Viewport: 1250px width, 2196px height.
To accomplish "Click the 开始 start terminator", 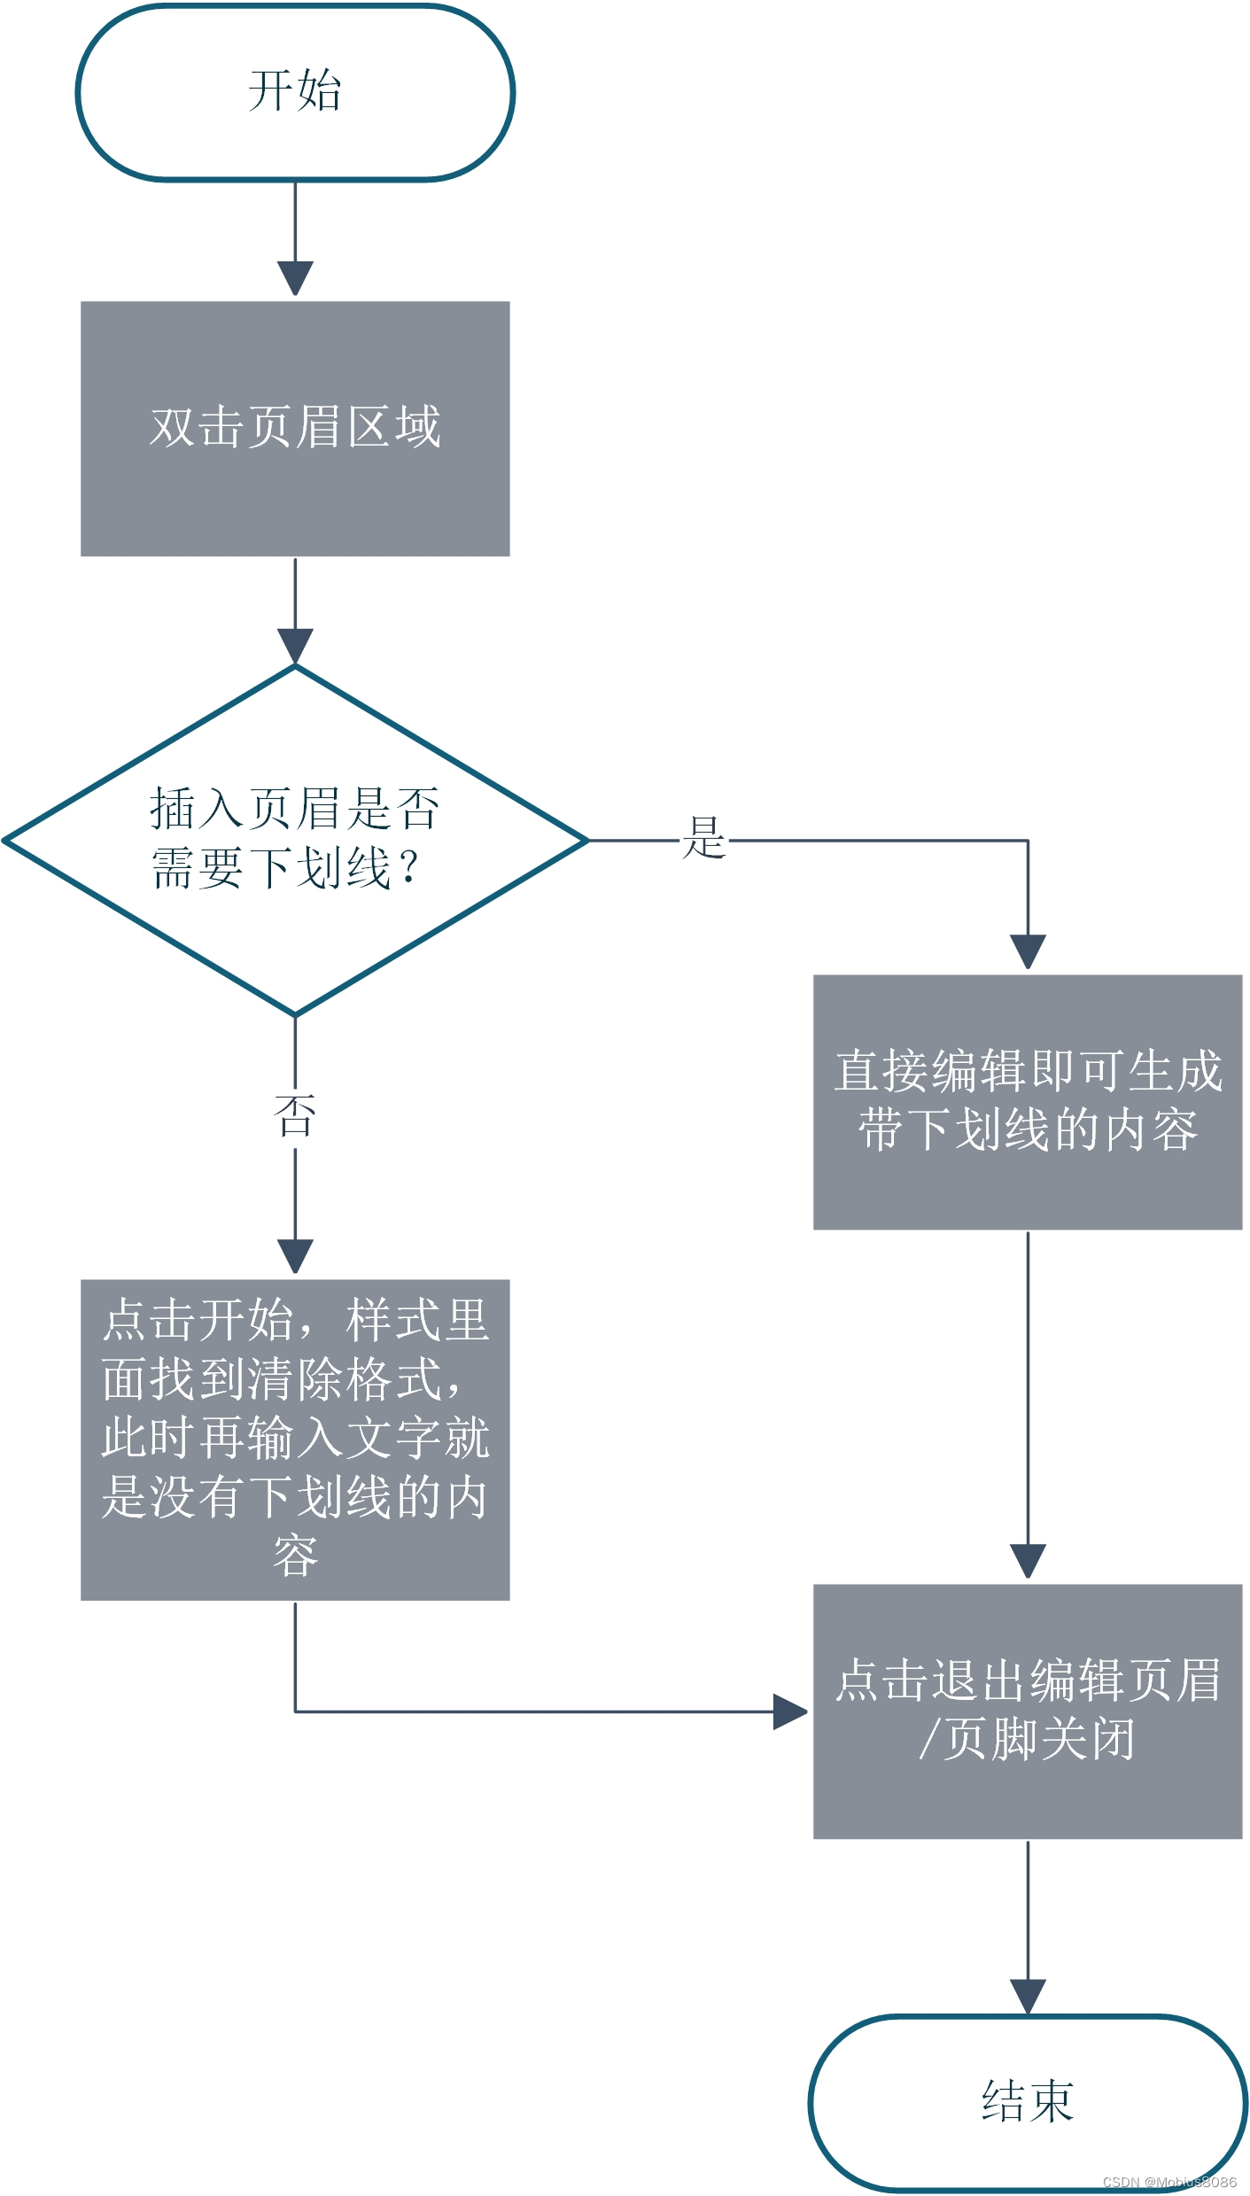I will click(295, 92).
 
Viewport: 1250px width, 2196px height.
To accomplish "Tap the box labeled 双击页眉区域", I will click(295, 429).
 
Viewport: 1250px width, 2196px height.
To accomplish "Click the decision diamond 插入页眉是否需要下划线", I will click(295, 839).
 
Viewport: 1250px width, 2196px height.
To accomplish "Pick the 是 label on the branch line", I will click(704, 838).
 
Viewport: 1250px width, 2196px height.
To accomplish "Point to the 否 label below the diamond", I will click(295, 1115).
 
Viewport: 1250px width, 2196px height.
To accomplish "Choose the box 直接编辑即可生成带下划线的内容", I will click(1028, 1101).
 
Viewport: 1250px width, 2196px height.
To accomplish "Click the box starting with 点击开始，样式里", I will click(295, 1439).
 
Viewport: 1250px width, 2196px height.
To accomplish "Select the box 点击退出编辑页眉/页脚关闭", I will click(1028, 1711).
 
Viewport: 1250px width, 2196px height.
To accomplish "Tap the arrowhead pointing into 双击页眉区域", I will click(295, 278).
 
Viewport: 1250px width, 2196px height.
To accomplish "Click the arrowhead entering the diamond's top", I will click(295, 646).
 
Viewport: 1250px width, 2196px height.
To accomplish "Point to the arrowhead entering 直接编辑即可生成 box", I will click(1028, 951).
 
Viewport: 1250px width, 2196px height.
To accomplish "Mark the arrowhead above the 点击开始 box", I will click(295, 1255).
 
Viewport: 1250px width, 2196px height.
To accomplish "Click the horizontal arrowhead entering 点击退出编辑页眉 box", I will click(789, 1711).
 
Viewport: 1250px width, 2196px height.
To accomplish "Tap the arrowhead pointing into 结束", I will click(1028, 1996).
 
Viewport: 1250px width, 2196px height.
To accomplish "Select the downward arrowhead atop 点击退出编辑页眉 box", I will click(1028, 1560).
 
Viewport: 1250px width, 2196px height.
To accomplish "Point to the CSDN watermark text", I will click(1169, 2182).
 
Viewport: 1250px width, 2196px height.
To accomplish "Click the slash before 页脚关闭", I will click(928, 1738).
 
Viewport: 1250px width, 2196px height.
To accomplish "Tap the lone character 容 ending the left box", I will click(295, 1556).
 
